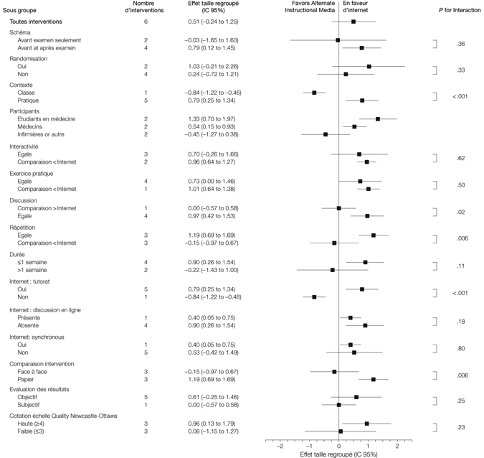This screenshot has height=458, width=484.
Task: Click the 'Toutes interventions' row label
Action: [x=35, y=22]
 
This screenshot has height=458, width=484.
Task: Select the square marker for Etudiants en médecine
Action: [x=378, y=118]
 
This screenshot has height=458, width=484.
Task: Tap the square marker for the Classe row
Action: [x=314, y=93]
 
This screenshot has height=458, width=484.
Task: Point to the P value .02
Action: [x=460, y=212]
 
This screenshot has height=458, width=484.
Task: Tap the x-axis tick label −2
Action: [x=280, y=445]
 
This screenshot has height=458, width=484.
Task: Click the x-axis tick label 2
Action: [x=398, y=445]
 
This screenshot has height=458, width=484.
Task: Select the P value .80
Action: [x=460, y=348]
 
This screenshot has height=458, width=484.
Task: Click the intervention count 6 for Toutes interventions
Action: [x=146, y=22]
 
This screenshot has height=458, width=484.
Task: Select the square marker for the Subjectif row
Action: [x=338, y=405]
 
